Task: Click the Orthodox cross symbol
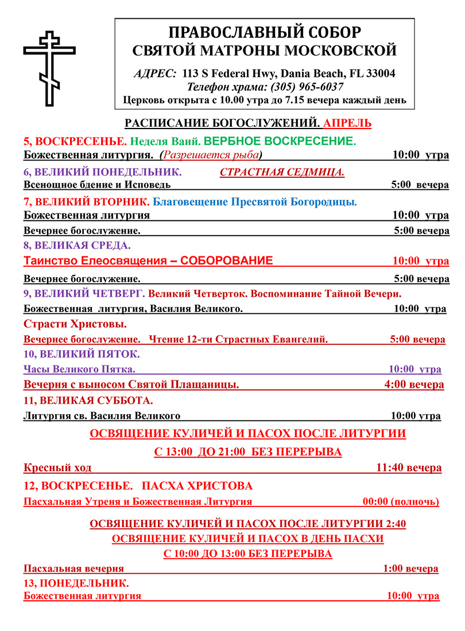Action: coord(51,69)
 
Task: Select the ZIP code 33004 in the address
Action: coord(379,74)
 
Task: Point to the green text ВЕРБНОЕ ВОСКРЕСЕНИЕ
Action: coord(280,141)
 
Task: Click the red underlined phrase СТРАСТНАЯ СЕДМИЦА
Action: coord(282,172)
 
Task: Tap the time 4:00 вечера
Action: coord(413,384)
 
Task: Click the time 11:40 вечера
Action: coord(409,468)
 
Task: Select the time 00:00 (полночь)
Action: coord(401,502)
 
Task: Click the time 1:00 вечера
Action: coord(410,569)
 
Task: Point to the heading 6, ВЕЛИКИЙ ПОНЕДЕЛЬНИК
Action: coord(103,172)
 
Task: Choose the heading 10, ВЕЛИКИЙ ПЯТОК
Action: coord(82,354)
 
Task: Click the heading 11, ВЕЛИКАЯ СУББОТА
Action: coord(88,400)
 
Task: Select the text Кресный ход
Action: coord(57,468)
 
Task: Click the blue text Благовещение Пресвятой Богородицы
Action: coord(254,202)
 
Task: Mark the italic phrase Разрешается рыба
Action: coord(211,155)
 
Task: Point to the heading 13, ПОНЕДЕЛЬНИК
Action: coord(76,583)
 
